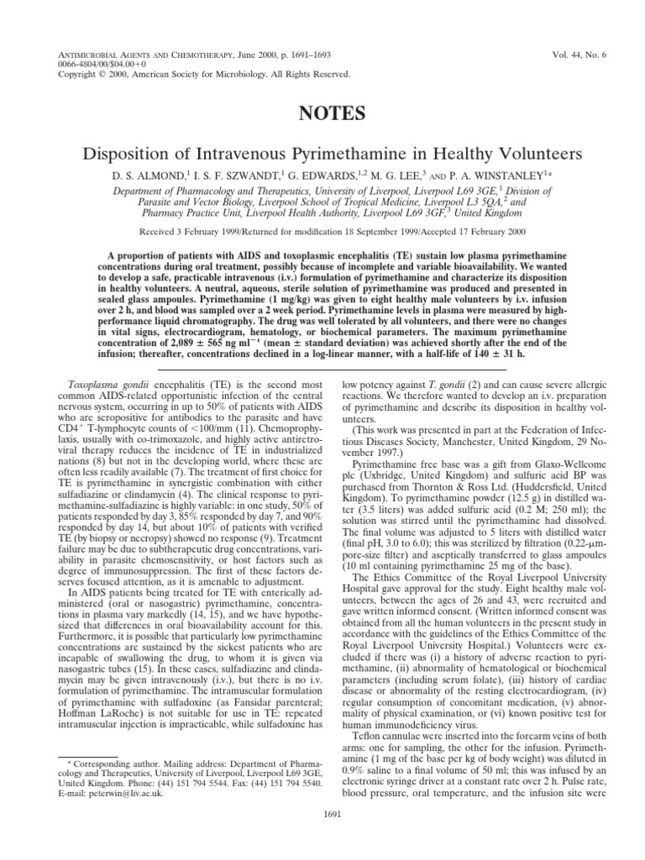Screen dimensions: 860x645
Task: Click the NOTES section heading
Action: point(322,113)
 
